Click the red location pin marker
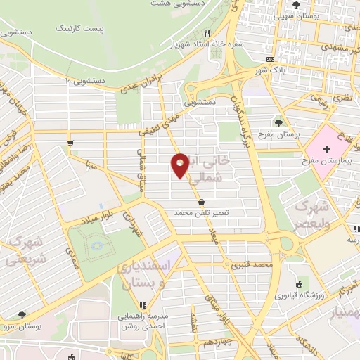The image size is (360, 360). (180, 165)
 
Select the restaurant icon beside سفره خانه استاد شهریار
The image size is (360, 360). (207, 33)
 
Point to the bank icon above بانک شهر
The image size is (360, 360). (271, 60)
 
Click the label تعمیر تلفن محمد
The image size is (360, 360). (202, 212)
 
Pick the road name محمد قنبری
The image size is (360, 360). (253, 266)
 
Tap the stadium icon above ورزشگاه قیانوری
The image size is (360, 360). (300, 285)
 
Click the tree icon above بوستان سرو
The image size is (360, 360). (22, 315)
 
